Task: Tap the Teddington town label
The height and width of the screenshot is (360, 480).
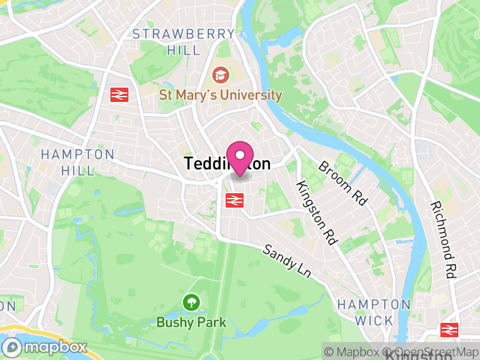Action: (227, 164)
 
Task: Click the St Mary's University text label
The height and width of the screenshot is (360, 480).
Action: (220, 95)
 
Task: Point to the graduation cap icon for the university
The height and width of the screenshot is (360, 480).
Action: (220, 75)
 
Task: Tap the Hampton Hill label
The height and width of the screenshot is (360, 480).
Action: (77, 162)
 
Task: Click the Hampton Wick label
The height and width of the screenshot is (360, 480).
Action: (374, 312)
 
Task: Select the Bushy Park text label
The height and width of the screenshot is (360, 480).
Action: (191, 322)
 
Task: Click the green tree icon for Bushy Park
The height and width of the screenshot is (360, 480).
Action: (191, 302)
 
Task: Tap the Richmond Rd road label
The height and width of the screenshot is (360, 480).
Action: (443, 239)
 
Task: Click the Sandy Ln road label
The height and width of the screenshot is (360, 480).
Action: (287, 260)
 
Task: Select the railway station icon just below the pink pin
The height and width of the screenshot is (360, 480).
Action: (233, 200)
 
